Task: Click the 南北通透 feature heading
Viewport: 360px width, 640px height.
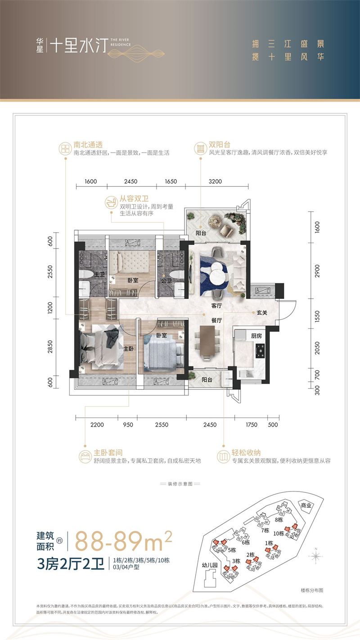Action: pyautogui.click(x=88, y=145)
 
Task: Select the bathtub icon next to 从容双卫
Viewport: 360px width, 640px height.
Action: pyautogui.click(x=111, y=202)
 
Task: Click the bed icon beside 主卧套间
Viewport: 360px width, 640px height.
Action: pyautogui.click(x=85, y=455)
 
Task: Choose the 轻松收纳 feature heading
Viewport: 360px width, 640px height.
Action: pyautogui.click(x=244, y=452)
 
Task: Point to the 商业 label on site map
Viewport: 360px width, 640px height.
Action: pyautogui.click(x=306, y=505)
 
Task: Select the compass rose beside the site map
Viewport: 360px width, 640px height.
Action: pyautogui.click(x=318, y=556)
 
